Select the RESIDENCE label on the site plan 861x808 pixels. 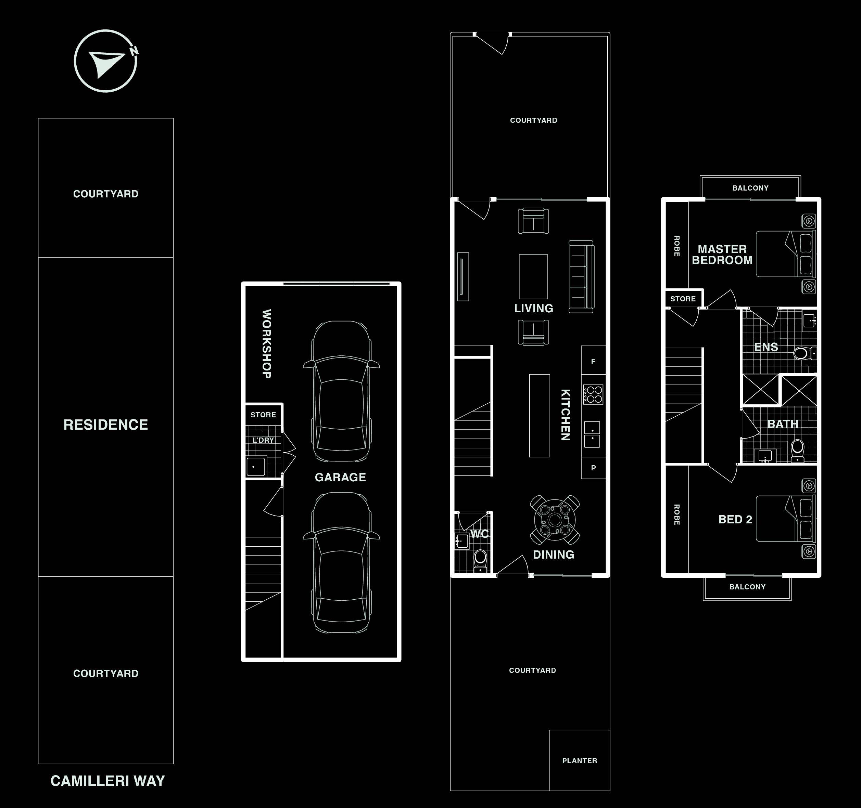(x=106, y=425)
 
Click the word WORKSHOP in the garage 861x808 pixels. (x=266, y=344)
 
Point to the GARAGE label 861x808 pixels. (x=340, y=477)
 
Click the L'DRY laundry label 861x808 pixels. (x=263, y=440)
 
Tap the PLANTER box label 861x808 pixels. (x=580, y=761)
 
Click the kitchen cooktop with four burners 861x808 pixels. (x=593, y=394)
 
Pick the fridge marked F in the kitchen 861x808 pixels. (x=593, y=361)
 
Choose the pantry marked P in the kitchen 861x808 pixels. (x=593, y=468)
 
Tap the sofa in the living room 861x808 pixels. (x=581, y=276)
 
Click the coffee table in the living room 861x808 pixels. (x=533, y=276)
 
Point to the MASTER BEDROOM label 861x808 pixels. (x=722, y=255)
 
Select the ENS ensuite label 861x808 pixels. (x=766, y=347)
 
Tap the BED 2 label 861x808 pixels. (x=735, y=519)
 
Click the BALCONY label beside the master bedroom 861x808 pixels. (x=750, y=188)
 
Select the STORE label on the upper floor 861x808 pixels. (x=683, y=299)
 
